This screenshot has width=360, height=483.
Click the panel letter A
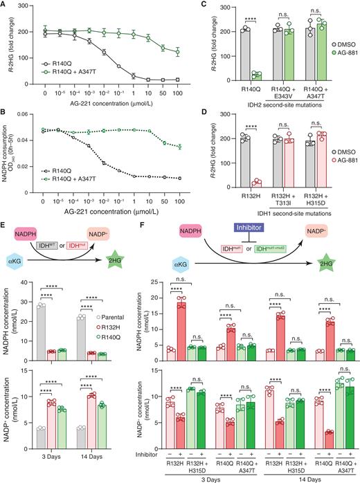pos(5,6)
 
